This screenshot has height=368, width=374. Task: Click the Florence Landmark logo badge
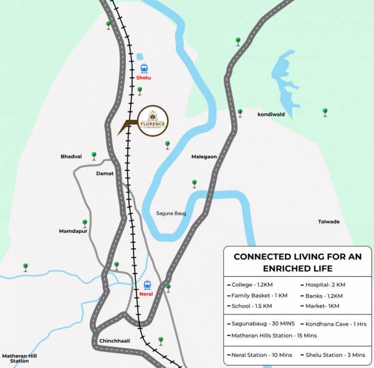pos(153,119)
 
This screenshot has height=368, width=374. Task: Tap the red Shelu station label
pos(143,79)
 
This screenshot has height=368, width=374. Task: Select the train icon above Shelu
pos(144,68)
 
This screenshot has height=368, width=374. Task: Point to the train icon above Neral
pos(147,284)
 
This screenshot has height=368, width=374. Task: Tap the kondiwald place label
pos(271,115)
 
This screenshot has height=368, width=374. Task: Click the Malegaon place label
pos(204,157)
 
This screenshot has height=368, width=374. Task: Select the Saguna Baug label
pos(171,213)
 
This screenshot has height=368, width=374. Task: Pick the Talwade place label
pos(328,221)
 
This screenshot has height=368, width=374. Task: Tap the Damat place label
pos(105,173)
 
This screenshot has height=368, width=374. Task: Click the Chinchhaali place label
pos(114,341)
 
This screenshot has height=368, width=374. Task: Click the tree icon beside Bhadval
pos(94,155)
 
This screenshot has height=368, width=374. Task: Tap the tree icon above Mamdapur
pos(85,222)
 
